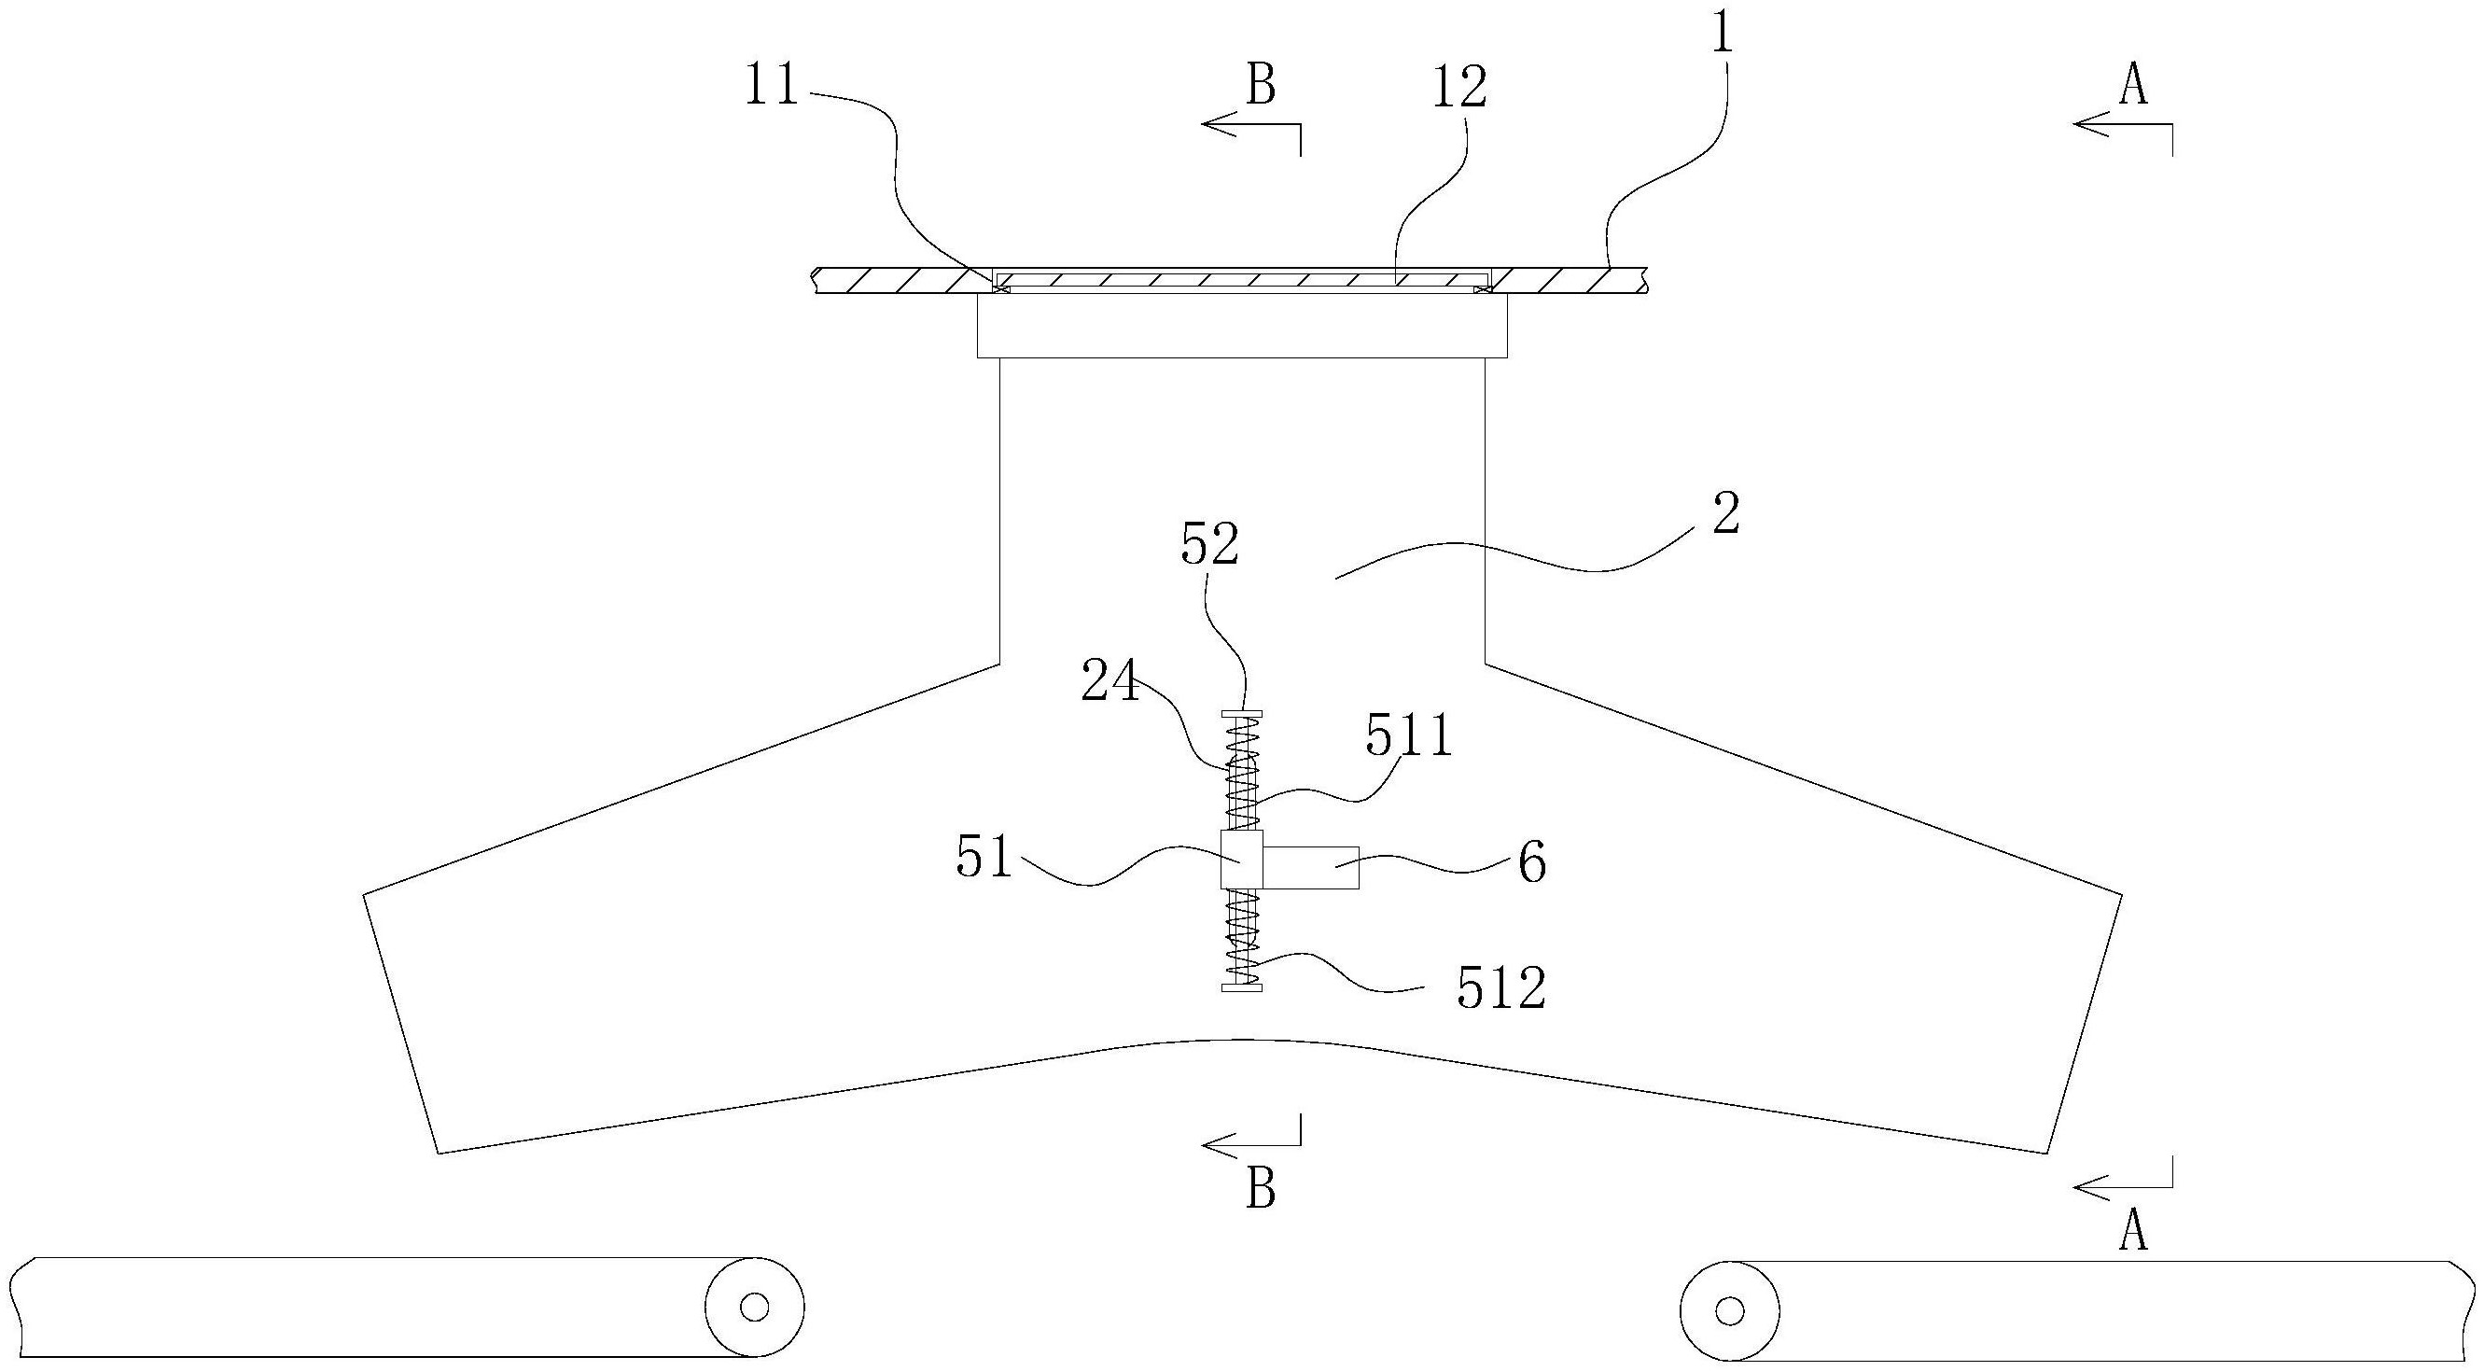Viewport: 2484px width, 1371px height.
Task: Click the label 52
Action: (x=1210, y=546)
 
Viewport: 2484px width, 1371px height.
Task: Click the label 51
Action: (x=984, y=857)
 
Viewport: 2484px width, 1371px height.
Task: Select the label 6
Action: (x=1532, y=863)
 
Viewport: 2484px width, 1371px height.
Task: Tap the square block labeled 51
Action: (x=1241, y=859)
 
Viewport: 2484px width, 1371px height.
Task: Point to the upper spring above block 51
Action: (x=1242, y=775)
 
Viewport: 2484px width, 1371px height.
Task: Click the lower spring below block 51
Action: (x=1242, y=936)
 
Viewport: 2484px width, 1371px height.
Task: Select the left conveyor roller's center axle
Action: (x=754, y=1308)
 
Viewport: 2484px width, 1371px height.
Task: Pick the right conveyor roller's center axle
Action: (x=1730, y=1311)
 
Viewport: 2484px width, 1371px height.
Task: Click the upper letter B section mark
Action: (x=1262, y=86)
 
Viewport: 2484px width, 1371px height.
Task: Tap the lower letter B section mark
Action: (x=1262, y=1190)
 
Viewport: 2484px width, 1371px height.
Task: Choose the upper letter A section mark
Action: (x=2134, y=86)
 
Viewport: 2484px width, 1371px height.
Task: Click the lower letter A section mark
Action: (x=2134, y=1231)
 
